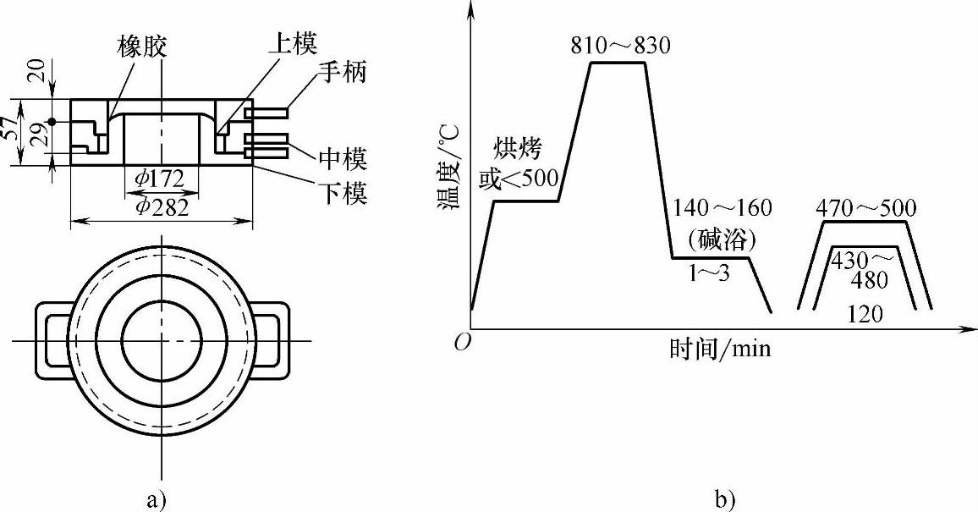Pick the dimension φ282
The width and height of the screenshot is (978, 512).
click(x=162, y=208)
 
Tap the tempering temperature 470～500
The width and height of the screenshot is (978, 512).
click(x=865, y=208)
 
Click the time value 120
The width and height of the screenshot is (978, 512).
click(x=865, y=315)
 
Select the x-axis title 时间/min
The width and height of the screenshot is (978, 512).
click(x=720, y=348)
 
